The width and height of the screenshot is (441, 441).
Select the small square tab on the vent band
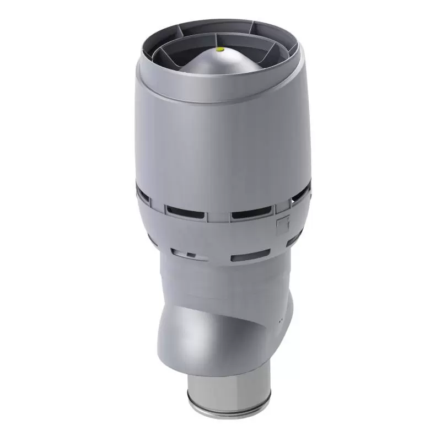point(283,223)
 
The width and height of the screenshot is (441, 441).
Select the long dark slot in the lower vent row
point(250,256)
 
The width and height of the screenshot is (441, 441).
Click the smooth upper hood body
point(220,138)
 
